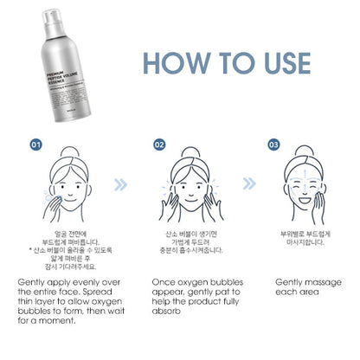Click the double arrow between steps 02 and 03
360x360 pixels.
click(249, 183)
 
